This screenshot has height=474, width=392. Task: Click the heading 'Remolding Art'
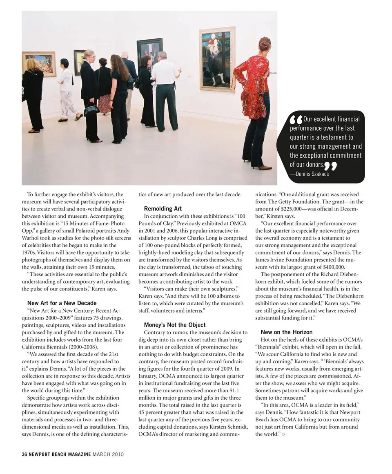click(163, 208)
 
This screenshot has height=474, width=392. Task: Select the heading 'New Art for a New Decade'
click(62, 303)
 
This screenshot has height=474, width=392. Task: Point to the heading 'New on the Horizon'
click(286, 332)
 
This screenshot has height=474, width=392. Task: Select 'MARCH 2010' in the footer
click(108, 454)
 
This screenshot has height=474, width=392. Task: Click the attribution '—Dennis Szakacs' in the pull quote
click(309, 174)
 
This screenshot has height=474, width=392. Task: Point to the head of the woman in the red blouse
click(265, 43)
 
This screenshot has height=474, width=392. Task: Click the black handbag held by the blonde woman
click(91, 110)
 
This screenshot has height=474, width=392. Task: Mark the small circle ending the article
click(283, 434)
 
